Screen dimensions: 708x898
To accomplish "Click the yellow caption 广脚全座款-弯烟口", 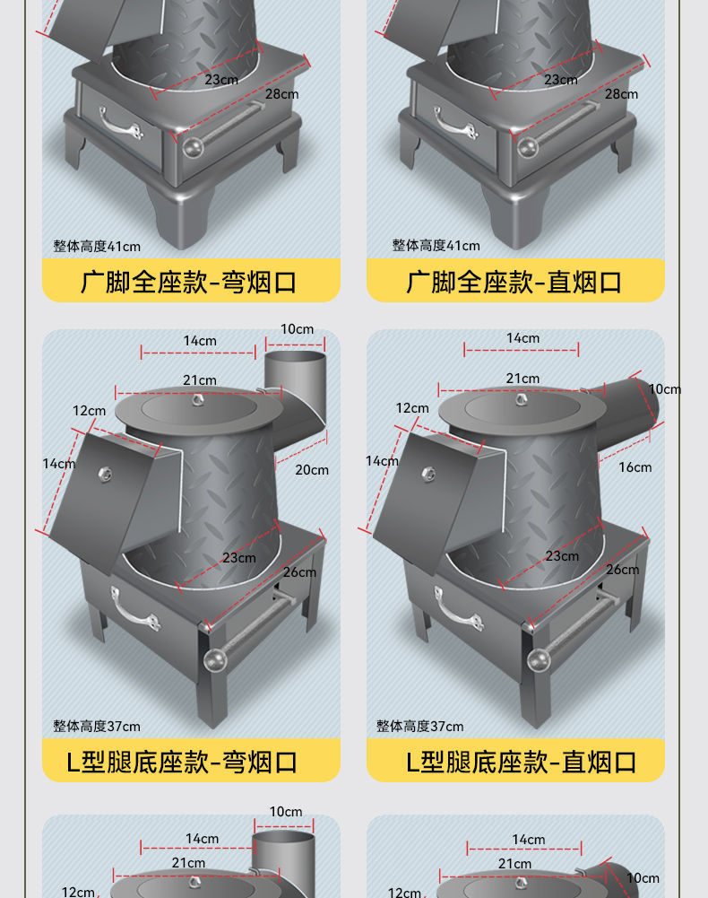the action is (190, 282).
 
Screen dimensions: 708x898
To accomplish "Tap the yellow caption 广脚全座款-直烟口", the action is (514, 282).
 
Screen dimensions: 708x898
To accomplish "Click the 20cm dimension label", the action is (312, 469).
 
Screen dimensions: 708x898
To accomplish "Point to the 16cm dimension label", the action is (635, 466).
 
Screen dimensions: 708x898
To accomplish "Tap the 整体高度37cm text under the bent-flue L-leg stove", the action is (97, 726).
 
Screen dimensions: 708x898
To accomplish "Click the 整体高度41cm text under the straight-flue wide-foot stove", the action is (436, 245).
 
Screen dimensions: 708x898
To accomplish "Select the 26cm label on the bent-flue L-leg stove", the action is (299, 571).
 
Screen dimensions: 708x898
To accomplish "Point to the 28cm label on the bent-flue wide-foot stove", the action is (281, 93).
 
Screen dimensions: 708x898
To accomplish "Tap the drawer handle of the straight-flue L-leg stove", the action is (457, 607).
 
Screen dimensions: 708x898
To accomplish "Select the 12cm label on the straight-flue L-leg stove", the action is (412, 408).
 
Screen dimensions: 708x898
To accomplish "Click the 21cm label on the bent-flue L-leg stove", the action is (199, 379).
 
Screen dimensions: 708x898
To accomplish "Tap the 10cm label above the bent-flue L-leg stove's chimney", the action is (297, 328).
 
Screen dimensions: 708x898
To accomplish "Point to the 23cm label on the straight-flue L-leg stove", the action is (562, 556).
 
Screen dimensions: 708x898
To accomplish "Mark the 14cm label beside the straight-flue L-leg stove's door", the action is (382, 460).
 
